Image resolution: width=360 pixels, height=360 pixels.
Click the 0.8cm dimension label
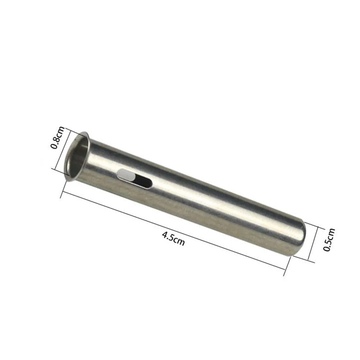56,138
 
